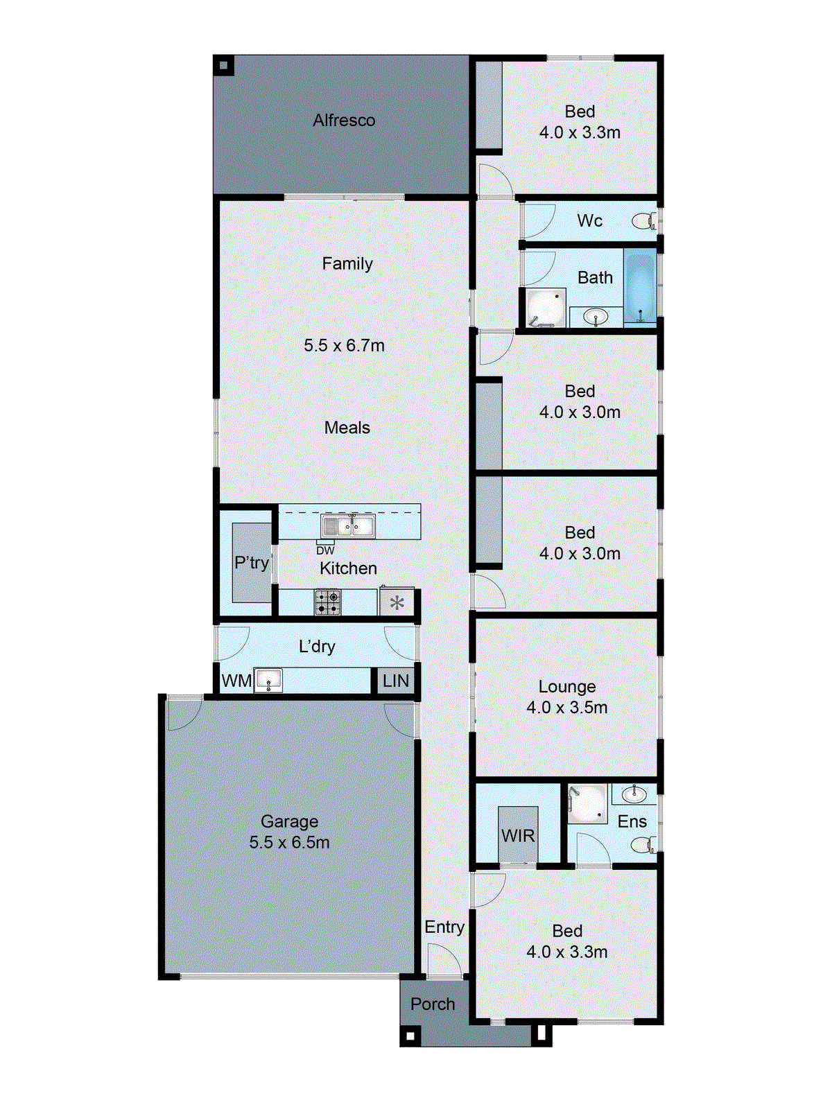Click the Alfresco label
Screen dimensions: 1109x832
coord(344,121)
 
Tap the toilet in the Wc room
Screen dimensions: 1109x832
coord(643,221)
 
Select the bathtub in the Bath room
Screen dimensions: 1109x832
coord(639,287)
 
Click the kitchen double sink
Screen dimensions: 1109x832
coord(348,526)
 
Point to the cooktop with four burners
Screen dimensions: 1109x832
coord(327,602)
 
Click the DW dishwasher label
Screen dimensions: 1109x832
coord(325,551)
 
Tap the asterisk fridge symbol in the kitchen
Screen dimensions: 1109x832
coord(397,602)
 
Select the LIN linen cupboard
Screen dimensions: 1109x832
coord(396,681)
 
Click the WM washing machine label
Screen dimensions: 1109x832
coord(236,681)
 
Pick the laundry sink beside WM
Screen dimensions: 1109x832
coord(268,680)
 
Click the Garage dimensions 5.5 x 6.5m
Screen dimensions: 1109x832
coord(290,843)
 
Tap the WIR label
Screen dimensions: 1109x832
coord(518,836)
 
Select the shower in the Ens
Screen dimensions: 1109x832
coord(587,803)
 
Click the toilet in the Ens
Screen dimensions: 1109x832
coord(643,844)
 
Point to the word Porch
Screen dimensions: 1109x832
coord(433,1004)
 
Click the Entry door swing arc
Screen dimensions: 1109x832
coord(444,962)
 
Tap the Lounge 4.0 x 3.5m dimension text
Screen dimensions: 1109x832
coord(567,708)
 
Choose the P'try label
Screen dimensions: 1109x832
coord(251,562)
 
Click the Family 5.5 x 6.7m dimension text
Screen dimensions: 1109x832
coord(344,345)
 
